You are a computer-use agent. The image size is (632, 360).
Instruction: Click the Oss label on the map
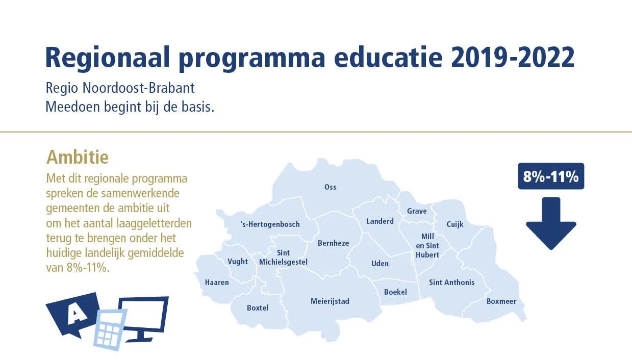[330, 187]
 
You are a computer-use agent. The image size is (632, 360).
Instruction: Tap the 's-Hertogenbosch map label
[270, 224]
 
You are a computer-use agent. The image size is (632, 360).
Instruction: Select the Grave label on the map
[417, 211]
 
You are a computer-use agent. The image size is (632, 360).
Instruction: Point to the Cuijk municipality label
[455, 224]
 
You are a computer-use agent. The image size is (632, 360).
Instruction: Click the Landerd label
[380, 221]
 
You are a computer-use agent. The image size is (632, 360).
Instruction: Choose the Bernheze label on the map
[333, 243]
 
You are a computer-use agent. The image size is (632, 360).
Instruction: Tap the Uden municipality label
[380, 264]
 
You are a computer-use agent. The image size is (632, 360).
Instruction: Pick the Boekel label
[395, 292]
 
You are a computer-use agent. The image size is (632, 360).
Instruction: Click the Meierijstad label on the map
[330, 301]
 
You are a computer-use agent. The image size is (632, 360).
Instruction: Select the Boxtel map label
[257, 308]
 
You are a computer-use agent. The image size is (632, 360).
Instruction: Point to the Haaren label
[217, 282]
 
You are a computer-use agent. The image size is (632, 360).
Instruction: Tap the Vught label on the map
[238, 262]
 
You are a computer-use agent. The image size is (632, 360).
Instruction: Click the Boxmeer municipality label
[501, 301]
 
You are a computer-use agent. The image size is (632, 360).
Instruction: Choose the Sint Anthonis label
[452, 282]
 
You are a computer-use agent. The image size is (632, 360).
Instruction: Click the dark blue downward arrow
[551, 223]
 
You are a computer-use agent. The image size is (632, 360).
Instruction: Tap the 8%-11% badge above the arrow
[551, 176]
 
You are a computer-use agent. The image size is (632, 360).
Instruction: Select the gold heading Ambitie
[78, 157]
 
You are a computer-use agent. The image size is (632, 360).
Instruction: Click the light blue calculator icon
[110, 330]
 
